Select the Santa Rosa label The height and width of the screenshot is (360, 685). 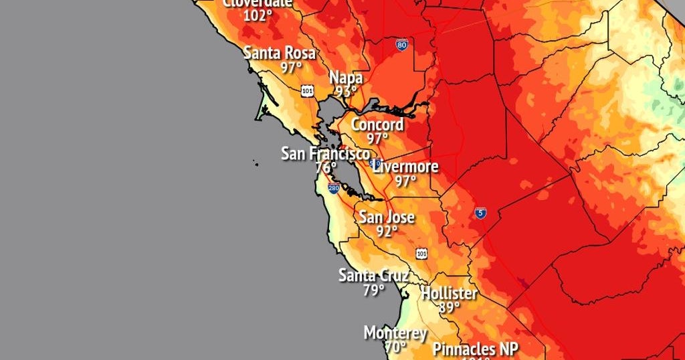280,53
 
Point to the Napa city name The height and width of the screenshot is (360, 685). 346,78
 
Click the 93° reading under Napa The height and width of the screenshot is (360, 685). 346,92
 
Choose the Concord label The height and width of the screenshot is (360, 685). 377,124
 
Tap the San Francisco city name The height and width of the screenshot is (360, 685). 325,153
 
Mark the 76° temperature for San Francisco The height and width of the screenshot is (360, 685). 325,168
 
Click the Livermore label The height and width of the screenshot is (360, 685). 405,166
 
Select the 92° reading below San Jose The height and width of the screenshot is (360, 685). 387,231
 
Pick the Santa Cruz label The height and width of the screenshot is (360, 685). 373,275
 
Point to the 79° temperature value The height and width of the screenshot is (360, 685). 373,290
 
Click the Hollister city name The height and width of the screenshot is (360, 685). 449,293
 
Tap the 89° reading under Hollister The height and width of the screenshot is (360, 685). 449,307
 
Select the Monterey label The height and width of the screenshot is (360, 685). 395,333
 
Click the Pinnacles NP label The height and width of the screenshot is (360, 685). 475,349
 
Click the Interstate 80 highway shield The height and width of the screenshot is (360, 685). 401,46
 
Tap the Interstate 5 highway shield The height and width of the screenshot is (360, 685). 480,213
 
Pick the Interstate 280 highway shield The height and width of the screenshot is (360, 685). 334,189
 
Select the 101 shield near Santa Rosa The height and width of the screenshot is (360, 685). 307,90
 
